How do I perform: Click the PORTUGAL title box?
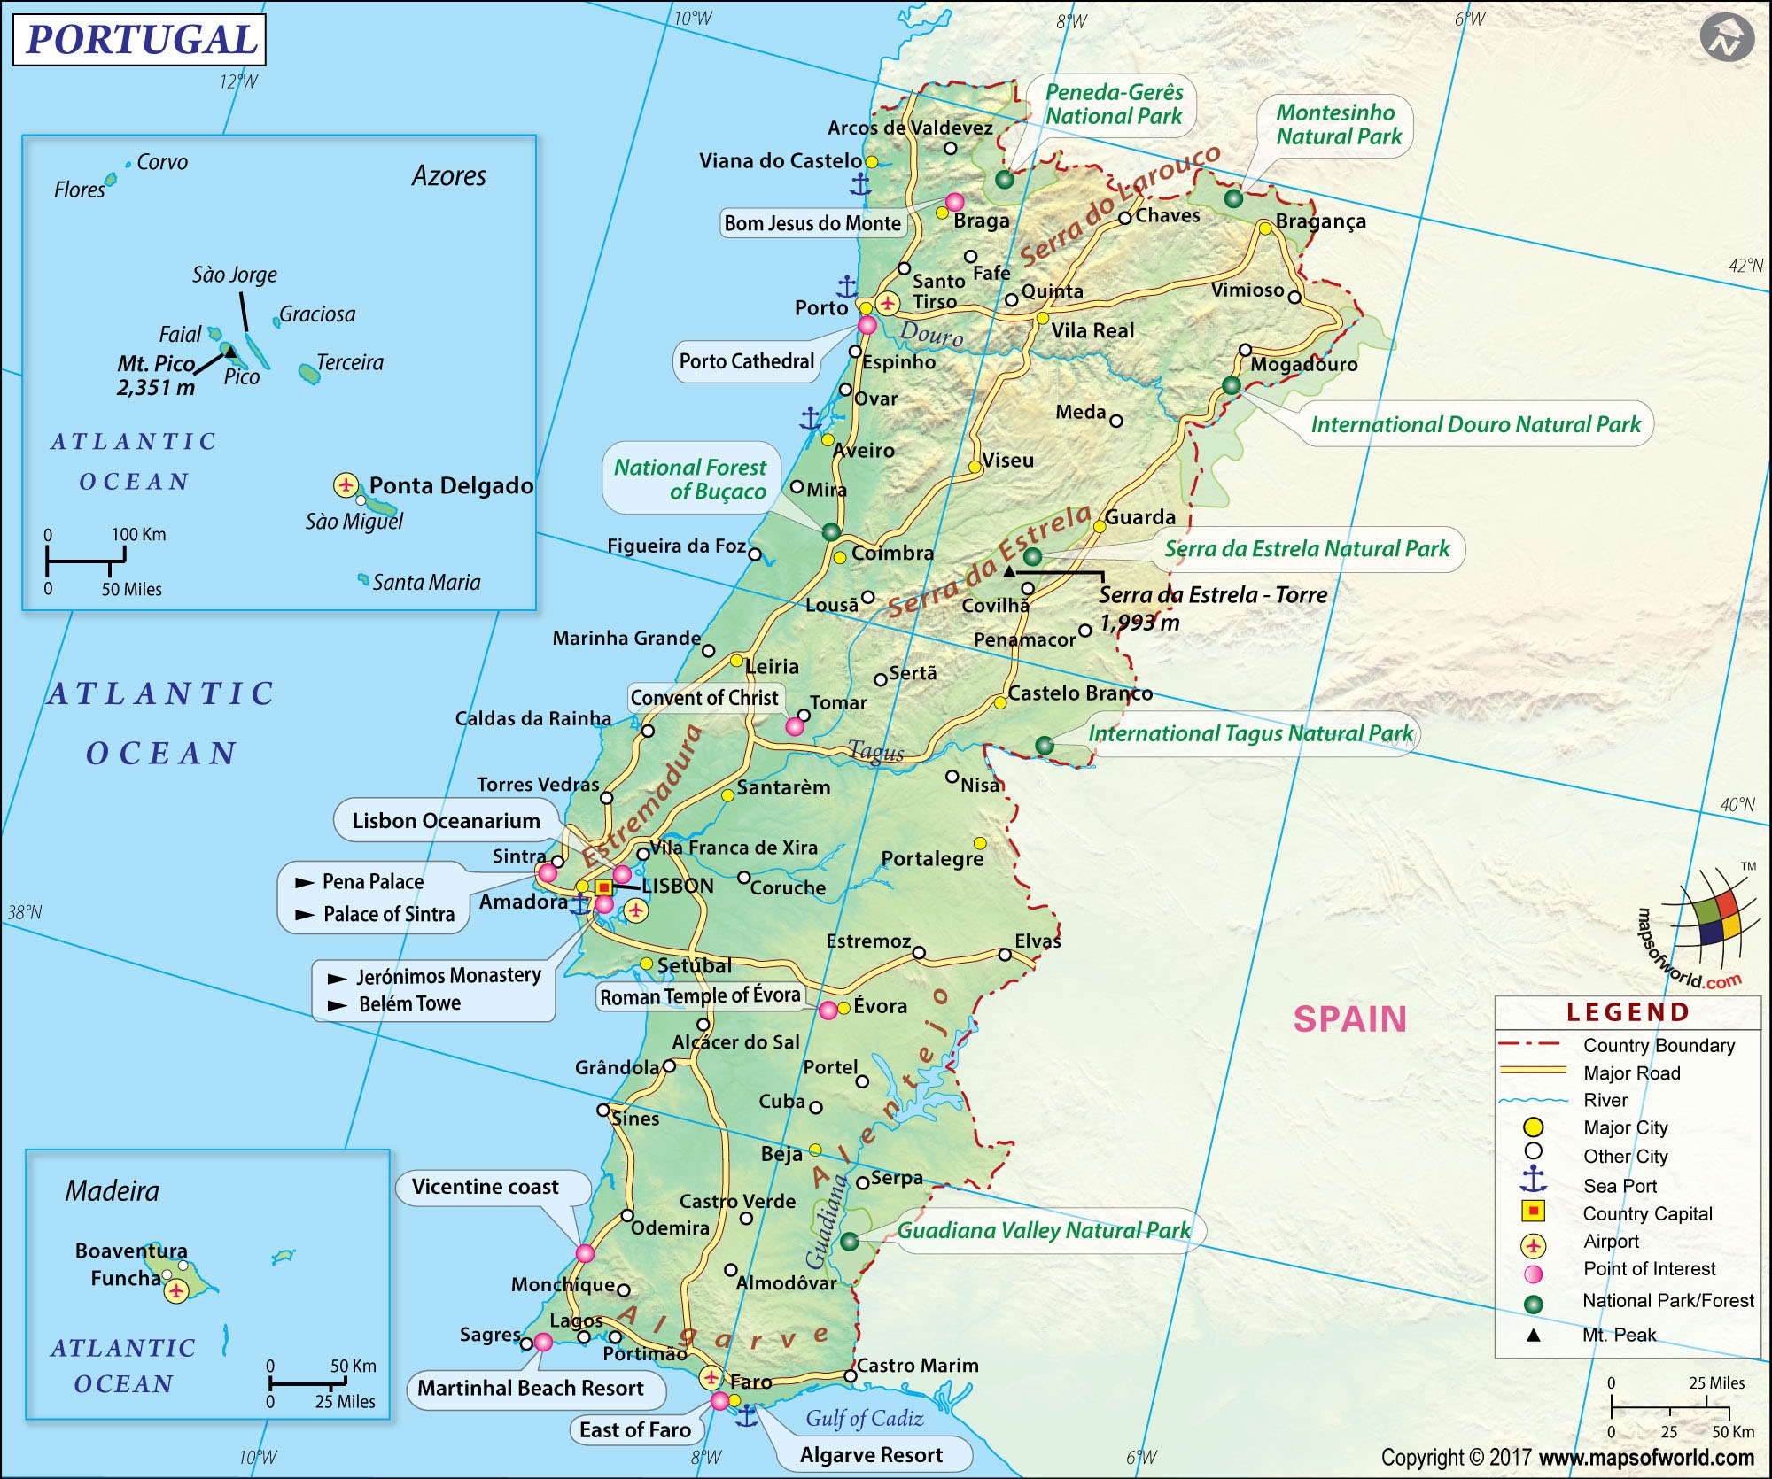point(140,40)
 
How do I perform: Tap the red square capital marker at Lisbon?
point(603,887)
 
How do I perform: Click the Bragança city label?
point(1320,221)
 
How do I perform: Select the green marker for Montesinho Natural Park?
point(1233,198)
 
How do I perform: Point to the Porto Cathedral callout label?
point(746,361)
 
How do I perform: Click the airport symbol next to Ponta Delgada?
point(346,485)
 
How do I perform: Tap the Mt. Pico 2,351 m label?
point(156,376)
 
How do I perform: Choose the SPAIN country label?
point(1349,1019)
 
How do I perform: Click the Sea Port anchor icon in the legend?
point(1533,1180)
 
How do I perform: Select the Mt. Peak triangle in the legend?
point(1533,1336)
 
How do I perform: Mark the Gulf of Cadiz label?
point(864,1418)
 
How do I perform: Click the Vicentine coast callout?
point(486,1187)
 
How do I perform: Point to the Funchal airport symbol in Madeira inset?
point(176,1291)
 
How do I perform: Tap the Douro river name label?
point(931,334)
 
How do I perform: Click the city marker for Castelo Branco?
point(999,702)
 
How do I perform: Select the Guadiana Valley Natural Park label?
point(1044,1230)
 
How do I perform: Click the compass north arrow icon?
point(1726,39)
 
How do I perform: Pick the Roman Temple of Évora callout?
point(700,996)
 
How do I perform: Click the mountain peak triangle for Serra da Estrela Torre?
point(1008,572)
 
